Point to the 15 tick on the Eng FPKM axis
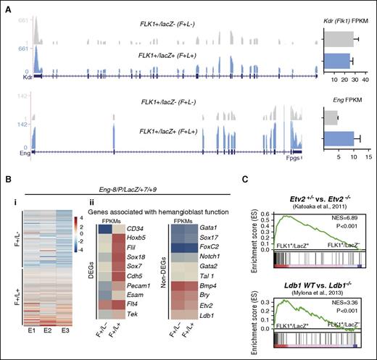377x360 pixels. pos(368,154)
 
